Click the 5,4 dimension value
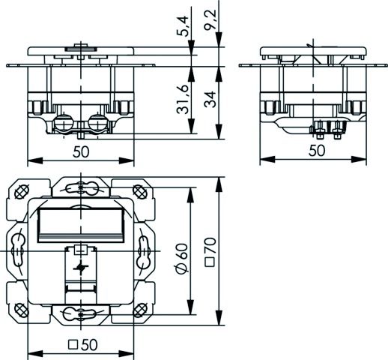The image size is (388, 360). [184, 26]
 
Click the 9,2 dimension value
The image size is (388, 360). [210, 19]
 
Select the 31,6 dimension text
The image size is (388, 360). [183, 100]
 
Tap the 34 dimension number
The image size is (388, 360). [210, 99]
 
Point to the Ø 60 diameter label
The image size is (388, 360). [182, 258]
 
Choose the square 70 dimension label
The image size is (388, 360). [210, 252]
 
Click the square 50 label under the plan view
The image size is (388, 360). [83, 345]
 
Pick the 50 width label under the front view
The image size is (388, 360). [81, 151]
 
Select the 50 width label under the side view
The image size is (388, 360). [317, 151]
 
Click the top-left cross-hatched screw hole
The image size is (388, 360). [22, 192]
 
